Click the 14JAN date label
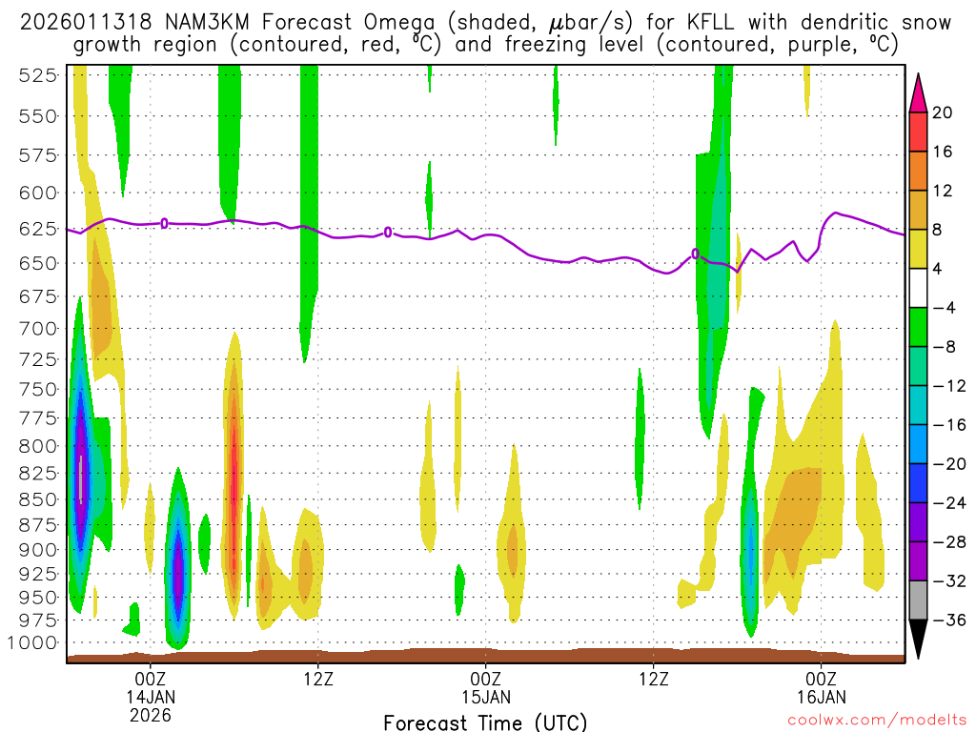(x=151, y=696)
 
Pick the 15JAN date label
(x=486, y=696)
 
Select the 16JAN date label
(x=822, y=696)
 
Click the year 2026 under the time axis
(x=151, y=714)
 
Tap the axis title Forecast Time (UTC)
(x=485, y=722)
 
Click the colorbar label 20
(x=943, y=112)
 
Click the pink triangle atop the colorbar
(x=918, y=92)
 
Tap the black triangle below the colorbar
(x=918, y=640)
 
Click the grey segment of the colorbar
(x=918, y=600)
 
